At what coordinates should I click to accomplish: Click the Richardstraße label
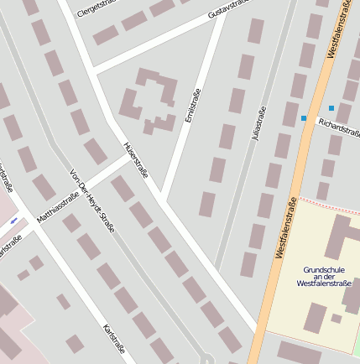click(338, 127)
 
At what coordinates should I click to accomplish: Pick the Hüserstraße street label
click(135, 159)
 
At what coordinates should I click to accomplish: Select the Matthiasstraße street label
click(65, 205)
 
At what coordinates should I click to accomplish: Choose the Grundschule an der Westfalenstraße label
click(324, 277)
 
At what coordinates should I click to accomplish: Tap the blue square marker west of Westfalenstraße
click(304, 118)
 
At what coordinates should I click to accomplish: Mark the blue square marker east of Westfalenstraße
click(331, 108)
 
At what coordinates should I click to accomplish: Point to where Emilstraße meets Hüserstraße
click(164, 200)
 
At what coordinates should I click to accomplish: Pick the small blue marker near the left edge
click(14, 221)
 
